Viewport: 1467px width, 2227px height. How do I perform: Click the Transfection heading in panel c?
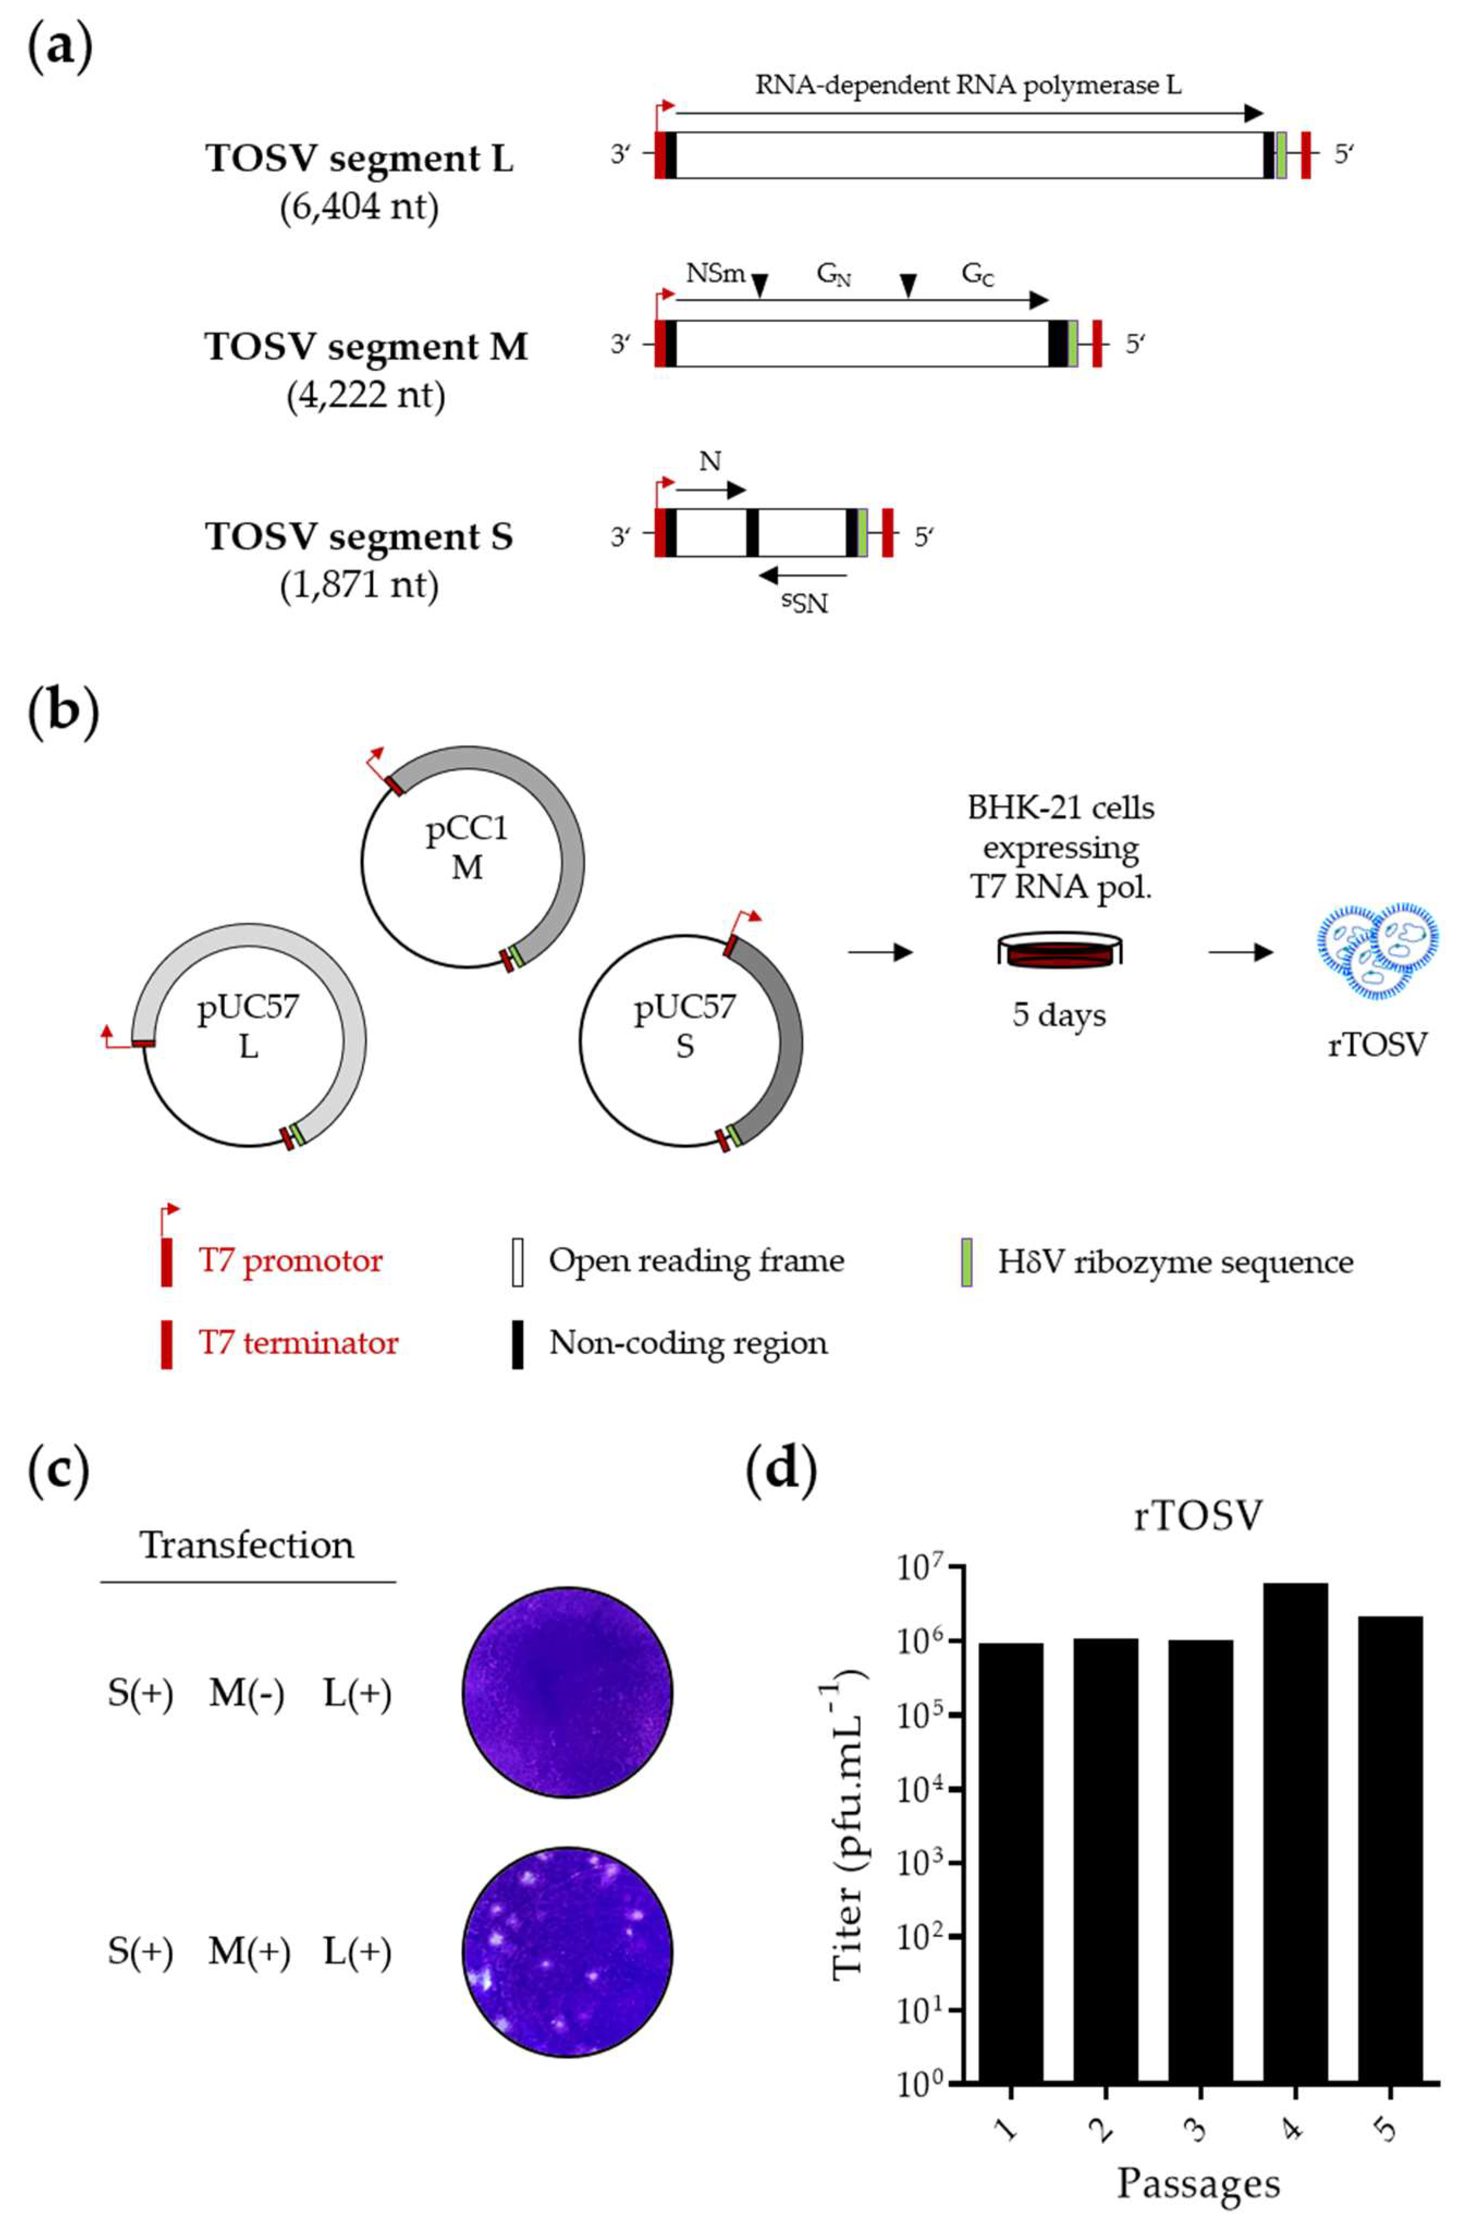[247, 1545]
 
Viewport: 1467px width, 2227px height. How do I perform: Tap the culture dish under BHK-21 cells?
[1060, 953]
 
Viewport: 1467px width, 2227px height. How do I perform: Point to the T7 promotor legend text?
[290, 1261]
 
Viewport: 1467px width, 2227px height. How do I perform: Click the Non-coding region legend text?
[688, 1343]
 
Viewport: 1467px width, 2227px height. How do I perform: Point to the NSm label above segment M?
[716, 274]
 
